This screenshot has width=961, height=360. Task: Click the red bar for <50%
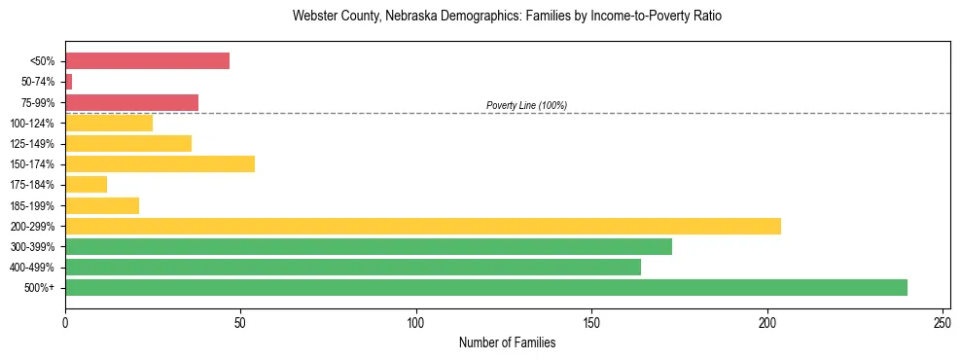click(x=147, y=61)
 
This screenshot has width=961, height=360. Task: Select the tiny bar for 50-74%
click(x=69, y=82)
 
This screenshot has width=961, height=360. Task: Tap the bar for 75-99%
click(x=131, y=102)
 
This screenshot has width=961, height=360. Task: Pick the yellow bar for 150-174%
click(x=160, y=163)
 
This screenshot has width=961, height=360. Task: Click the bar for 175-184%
click(x=86, y=185)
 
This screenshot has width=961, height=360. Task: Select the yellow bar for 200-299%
click(x=423, y=226)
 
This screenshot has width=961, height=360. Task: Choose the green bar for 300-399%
click(x=369, y=246)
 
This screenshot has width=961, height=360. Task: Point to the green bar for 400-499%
click(x=353, y=267)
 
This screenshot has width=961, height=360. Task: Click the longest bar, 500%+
click(x=486, y=287)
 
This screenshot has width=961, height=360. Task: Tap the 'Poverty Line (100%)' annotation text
click(x=526, y=105)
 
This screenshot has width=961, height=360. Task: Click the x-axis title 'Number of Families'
click(x=507, y=342)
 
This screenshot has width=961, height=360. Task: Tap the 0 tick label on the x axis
click(x=65, y=321)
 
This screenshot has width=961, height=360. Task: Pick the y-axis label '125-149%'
click(x=32, y=144)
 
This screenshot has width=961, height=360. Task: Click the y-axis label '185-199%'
click(x=32, y=206)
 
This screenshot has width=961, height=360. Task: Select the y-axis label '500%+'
click(x=38, y=288)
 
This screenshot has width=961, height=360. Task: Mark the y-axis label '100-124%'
click(x=32, y=124)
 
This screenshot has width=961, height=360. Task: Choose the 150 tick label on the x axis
click(x=591, y=321)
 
